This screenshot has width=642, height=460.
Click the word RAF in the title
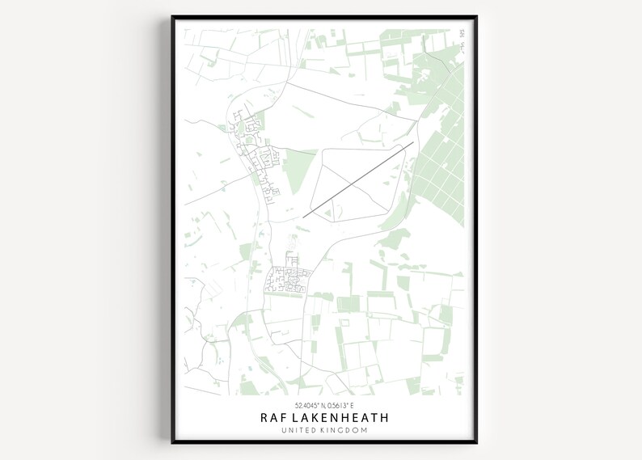[272, 418]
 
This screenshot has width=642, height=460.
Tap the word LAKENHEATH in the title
[339, 418]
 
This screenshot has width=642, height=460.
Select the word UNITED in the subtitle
[299, 433]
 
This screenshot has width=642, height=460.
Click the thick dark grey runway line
[358, 180]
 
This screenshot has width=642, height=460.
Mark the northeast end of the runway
[413, 143]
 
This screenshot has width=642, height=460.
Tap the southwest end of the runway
[304, 217]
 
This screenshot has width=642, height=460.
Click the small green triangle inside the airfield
[327, 213]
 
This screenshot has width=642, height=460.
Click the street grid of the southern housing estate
[287, 281]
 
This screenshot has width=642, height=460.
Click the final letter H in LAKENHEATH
[384, 418]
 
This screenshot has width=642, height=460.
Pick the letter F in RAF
[284, 418]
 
